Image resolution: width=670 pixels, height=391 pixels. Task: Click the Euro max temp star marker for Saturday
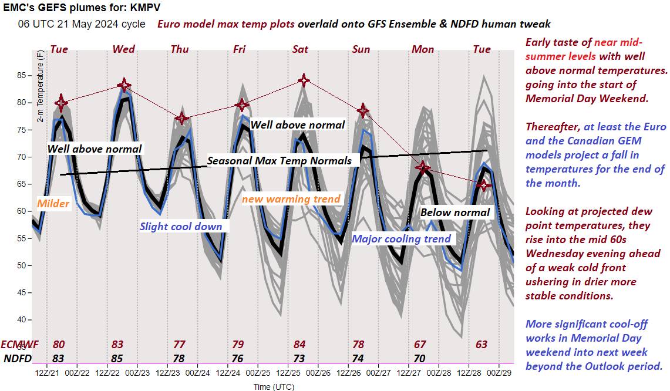click(x=304, y=80)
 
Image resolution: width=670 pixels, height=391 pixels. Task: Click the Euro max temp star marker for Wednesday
click(x=124, y=85)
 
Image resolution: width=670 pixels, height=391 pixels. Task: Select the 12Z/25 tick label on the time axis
click(x=289, y=372)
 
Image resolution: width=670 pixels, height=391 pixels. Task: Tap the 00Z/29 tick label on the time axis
click(x=499, y=372)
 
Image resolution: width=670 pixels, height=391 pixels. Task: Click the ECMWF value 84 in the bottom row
click(x=299, y=345)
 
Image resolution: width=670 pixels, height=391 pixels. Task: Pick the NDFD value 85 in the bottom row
click(x=118, y=358)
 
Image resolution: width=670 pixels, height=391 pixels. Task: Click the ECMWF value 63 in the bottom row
click(x=482, y=345)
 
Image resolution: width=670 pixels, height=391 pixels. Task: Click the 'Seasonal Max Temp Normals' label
click(x=280, y=160)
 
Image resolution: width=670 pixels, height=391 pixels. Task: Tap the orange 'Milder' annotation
click(x=53, y=204)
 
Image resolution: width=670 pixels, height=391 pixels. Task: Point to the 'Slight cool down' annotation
click(x=181, y=227)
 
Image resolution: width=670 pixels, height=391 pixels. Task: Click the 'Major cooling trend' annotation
click(x=401, y=238)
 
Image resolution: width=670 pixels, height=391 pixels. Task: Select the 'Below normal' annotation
click(x=455, y=212)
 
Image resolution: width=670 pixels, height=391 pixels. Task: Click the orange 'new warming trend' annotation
click(x=291, y=199)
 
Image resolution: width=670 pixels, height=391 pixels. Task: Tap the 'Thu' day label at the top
click(x=180, y=49)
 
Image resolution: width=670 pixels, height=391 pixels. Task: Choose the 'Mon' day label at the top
click(x=423, y=49)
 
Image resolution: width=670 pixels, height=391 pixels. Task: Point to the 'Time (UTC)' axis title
click(x=274, y=386)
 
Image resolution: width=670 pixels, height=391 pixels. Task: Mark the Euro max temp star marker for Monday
click(x=423, y=168)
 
